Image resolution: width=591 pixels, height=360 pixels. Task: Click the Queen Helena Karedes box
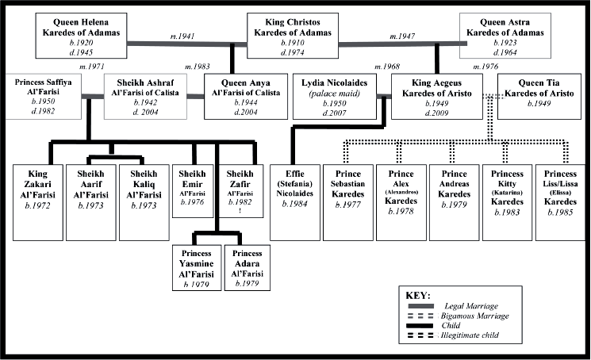pyautogui.click(x=81, y=36)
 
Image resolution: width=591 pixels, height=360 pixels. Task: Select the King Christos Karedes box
pyautogui.click(x=293, y=36)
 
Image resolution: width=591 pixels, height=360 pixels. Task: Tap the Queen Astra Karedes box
pyautogui.click(x=505, y=36)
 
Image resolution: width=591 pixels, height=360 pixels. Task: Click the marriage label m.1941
pyautogui.click(x=182, y=36)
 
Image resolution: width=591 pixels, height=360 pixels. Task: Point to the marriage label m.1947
pyautogui.click(x=402, y=36)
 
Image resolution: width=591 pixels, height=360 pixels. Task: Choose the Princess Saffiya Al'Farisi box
pyautogui.click(x=44, y=97)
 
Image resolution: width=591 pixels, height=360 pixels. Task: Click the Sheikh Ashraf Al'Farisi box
pyautogui.click(x=145, y=97)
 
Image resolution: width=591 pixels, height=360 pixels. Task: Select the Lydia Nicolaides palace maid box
pyautogui.click(x=335, y=97)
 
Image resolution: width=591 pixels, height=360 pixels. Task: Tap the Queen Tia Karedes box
pyautogui.click(x=539, y=97)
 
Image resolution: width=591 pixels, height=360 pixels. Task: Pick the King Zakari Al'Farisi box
pyautogui.click(x=38, y=202)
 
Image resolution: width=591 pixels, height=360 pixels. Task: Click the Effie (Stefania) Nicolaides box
pyautogui.click(x=295, y=202)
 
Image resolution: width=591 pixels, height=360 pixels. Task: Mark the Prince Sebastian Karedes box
pyautogui.click(x=348, y=202)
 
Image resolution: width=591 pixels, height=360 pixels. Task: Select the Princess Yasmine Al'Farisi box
pyautogui.click(x=197, y=268)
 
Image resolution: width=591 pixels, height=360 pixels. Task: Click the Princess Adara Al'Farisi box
pyautogui.click(x=248, y=268)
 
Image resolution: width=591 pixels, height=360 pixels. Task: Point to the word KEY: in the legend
pyautogui.click(x=418, y=295)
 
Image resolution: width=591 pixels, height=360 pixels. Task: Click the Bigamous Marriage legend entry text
pyautogui.click(x=475, y=316)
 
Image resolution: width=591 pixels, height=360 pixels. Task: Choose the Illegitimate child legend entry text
pyautogui.click(x=470, y=335)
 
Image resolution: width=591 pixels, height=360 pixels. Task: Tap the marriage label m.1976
pyautogui.click(x=485, y=67)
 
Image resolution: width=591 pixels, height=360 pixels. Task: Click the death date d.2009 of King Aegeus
pyautogui.click(x=437, y=113)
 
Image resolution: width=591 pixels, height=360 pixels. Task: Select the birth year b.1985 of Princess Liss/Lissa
pyautogui.click(x=560, y=212)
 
